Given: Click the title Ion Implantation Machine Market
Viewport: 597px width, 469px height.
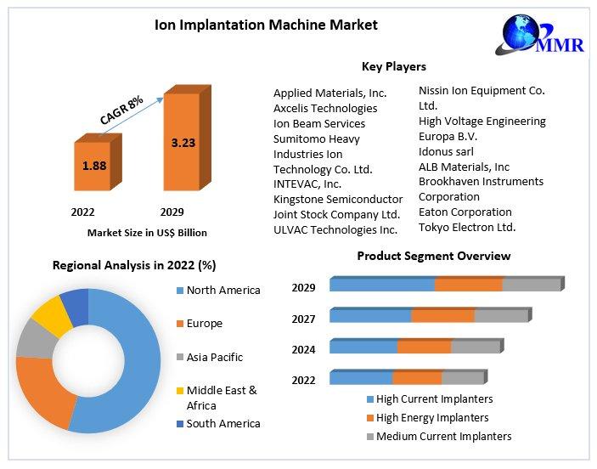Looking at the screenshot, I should (266, 25).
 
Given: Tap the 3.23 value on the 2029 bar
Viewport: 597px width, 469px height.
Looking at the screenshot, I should (183, 143).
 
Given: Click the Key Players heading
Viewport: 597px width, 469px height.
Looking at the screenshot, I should (393, 66).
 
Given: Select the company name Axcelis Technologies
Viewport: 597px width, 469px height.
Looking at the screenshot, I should (325, 108).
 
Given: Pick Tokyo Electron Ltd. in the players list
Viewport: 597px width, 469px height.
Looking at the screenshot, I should (467, 227).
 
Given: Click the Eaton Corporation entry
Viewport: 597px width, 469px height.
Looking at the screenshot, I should (465, 212).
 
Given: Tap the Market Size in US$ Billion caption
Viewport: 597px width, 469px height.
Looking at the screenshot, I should (147, 232).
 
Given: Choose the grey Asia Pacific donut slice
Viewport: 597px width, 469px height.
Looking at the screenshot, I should (32, 338).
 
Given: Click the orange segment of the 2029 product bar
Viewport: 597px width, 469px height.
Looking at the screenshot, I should (468, 285).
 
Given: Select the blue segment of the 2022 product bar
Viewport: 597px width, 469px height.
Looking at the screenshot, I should (361, 377).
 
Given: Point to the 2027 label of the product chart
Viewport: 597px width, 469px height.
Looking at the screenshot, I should (303, 319).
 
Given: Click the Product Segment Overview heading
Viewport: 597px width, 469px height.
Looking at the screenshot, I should (433, 256).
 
